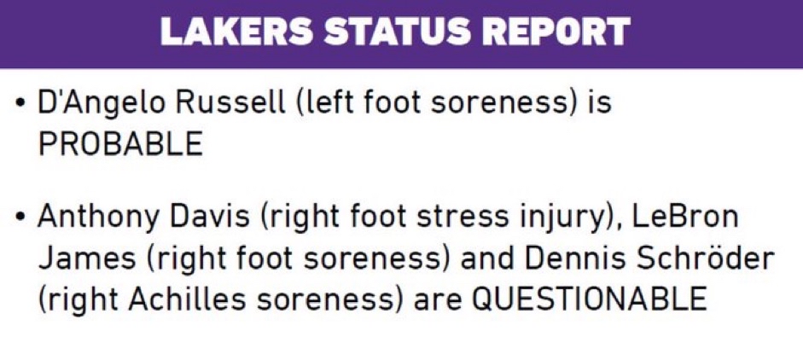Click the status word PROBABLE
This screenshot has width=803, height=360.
click(x=120, y=144)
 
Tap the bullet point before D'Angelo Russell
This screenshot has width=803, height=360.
click(x=20, y=102)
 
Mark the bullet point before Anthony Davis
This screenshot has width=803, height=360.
click(x=20, y=217)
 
